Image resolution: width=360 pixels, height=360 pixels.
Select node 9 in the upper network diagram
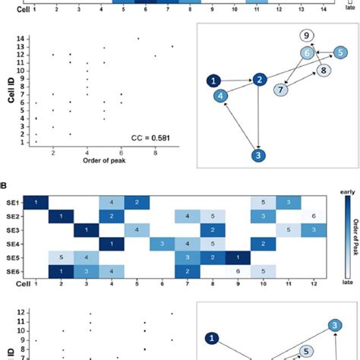pos(305,36)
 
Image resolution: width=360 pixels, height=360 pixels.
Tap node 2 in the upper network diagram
pos(260,79)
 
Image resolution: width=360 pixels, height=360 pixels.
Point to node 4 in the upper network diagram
pos(219,96)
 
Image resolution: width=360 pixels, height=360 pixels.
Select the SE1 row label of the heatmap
pos(13,202)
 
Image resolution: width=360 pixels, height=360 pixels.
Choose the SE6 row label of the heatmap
pos(13,271)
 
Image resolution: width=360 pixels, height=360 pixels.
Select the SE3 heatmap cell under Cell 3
pos(86,229)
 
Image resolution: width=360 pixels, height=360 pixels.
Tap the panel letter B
pos(4,185)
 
